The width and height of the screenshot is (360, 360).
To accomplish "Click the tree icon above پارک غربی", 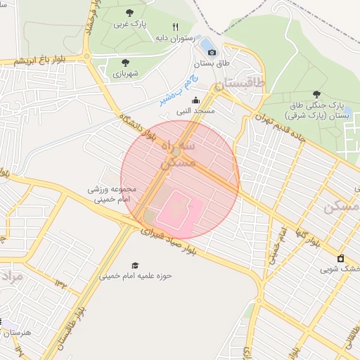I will click(x=129, y=13).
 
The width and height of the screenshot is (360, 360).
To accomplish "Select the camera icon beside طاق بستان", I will click(x=212, y=51).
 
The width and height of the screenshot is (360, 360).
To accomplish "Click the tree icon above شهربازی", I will click(x=125, y=62).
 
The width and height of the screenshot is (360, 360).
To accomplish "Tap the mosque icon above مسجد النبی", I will click(x=195, y=101).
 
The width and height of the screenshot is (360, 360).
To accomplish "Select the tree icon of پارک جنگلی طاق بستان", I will click(x=317, y=94).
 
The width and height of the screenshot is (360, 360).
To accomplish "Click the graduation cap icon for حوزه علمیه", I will click(x=134, y=265).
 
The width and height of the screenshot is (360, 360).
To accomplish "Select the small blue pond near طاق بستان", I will click(x=208, y=46).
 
